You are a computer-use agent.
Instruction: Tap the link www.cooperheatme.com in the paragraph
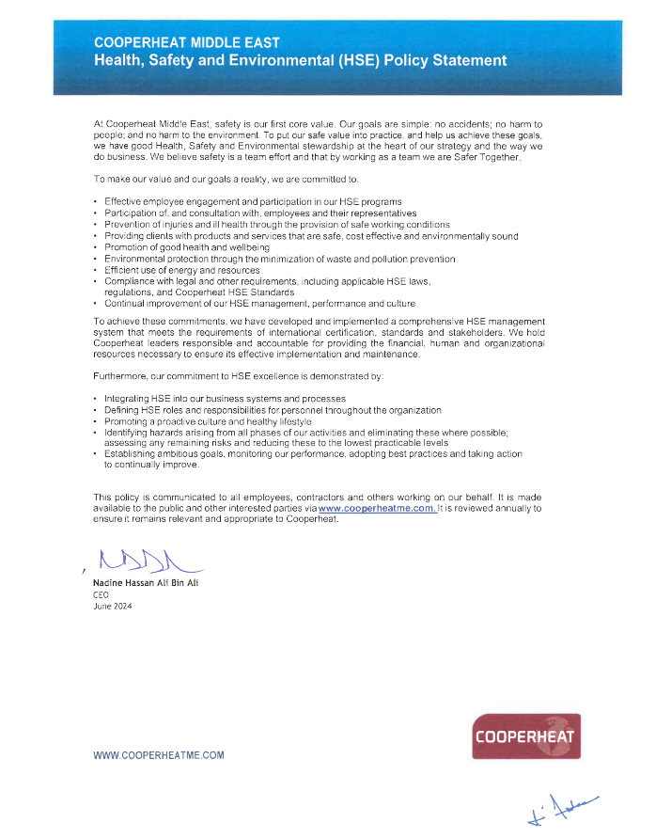[377, 508]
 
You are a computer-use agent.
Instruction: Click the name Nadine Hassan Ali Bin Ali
[146, 584]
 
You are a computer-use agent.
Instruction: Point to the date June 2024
[113, 607]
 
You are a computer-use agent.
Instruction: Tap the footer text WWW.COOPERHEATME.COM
[159, 755]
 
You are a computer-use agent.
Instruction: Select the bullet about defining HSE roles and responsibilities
[273, 410]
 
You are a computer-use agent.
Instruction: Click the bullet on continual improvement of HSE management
[259, 304]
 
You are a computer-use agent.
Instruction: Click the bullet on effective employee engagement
[253, 202]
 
